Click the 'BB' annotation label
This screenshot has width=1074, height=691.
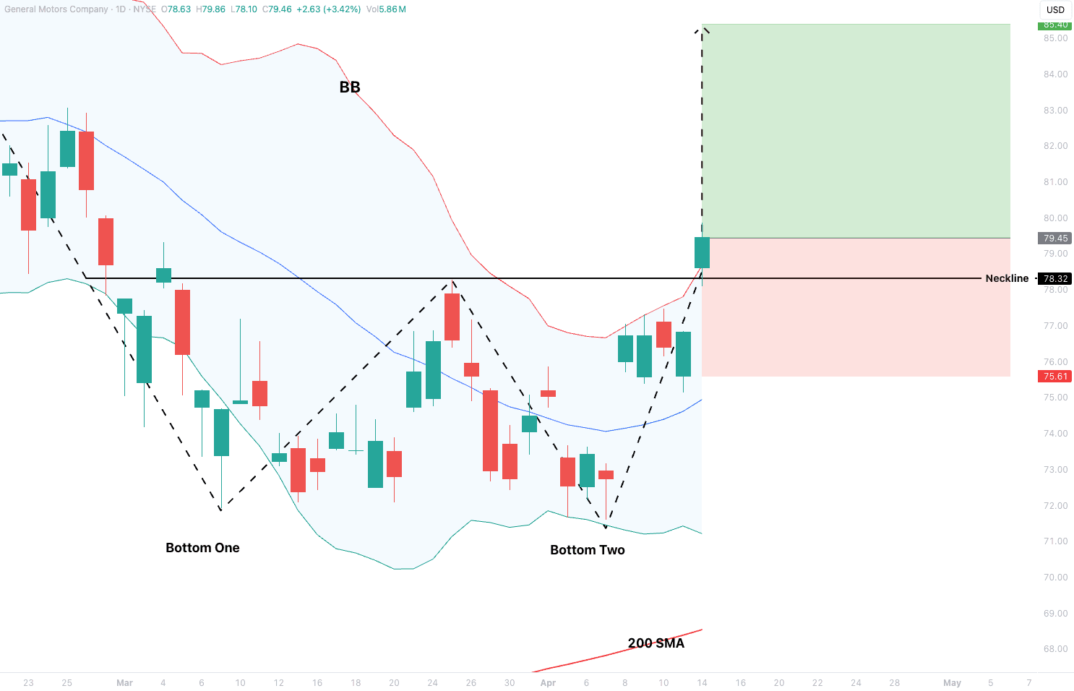tap(350, 87)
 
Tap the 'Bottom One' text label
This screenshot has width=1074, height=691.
tap(202, 548)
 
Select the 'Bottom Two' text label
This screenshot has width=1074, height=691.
tap(587, 550)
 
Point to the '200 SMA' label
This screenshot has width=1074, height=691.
tap(656, 643)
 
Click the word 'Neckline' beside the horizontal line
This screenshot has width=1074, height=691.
tap(1007, 278)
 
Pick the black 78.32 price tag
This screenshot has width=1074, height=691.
tap(1055, 278)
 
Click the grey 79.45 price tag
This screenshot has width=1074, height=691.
tap(1055, 239)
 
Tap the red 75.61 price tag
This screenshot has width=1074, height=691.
tap(1055, 377)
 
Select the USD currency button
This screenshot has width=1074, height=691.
tap(1055, 10)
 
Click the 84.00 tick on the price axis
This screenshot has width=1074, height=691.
tap(1055, 74)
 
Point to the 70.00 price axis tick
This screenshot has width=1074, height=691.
tap(1055, 578)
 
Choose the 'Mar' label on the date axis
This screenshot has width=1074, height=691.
tap(124, 683)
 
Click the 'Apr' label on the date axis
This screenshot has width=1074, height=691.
tap(548, 683)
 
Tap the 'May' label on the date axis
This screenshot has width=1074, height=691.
tap(952, 683)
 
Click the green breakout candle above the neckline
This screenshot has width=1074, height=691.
tap(702, 253)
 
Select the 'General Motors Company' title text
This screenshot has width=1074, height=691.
tap(56, 9)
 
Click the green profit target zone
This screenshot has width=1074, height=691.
tap(856, 131)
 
